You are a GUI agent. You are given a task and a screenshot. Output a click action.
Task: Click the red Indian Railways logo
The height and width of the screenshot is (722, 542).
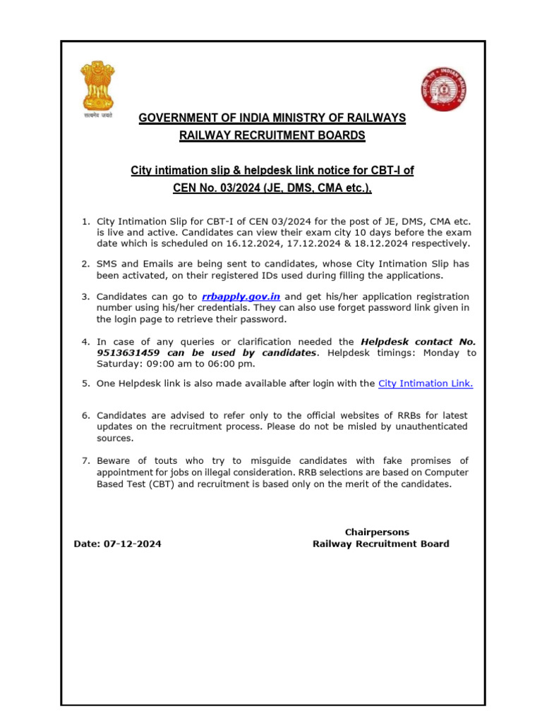tap(443, 90)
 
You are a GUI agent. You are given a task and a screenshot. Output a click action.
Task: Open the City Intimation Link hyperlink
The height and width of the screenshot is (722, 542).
tap(426, 384)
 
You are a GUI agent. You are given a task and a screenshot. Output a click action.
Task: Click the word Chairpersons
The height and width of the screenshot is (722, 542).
tap(377, 532)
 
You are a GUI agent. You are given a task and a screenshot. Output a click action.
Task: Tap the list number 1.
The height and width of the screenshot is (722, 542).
tap(85, 221)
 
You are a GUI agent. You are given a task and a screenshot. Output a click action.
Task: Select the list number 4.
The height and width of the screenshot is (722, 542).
tap(85, 342)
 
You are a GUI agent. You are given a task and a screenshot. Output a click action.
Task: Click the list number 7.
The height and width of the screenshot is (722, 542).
tap(85, 461)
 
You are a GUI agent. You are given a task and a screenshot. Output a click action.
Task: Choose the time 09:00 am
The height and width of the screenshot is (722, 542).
tap(167, 364)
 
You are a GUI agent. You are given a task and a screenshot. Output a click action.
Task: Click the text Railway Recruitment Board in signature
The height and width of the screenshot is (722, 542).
tap(380, 544)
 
